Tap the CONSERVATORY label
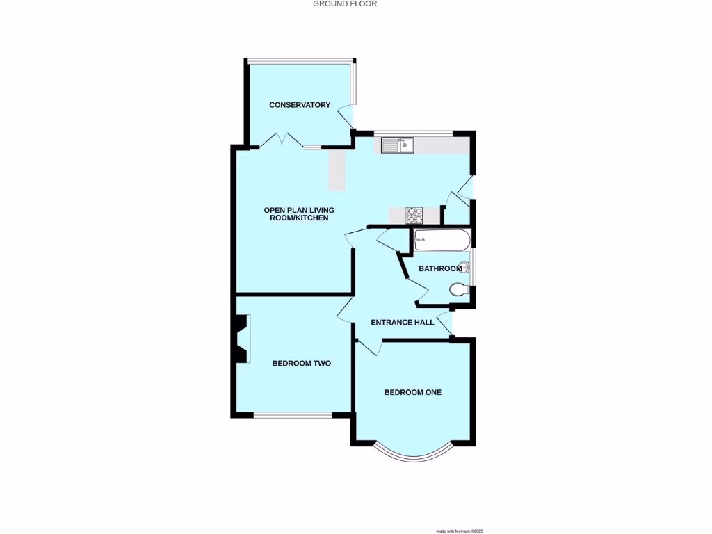[300, 105]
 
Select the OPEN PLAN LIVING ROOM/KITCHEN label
[296, 213]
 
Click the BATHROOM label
[439, 268]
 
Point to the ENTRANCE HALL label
[402, 322]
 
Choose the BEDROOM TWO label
[301, 363]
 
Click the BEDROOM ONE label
[413, 392]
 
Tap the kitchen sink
[398, 145]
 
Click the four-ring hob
[415, 216]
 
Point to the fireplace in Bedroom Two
[241, 339]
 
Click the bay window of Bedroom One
[413, 455]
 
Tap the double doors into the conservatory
[282, 143]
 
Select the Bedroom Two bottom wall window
[292, 416]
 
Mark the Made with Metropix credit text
[459, 531]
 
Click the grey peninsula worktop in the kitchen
[337, 170]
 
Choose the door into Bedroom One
[369, 346]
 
